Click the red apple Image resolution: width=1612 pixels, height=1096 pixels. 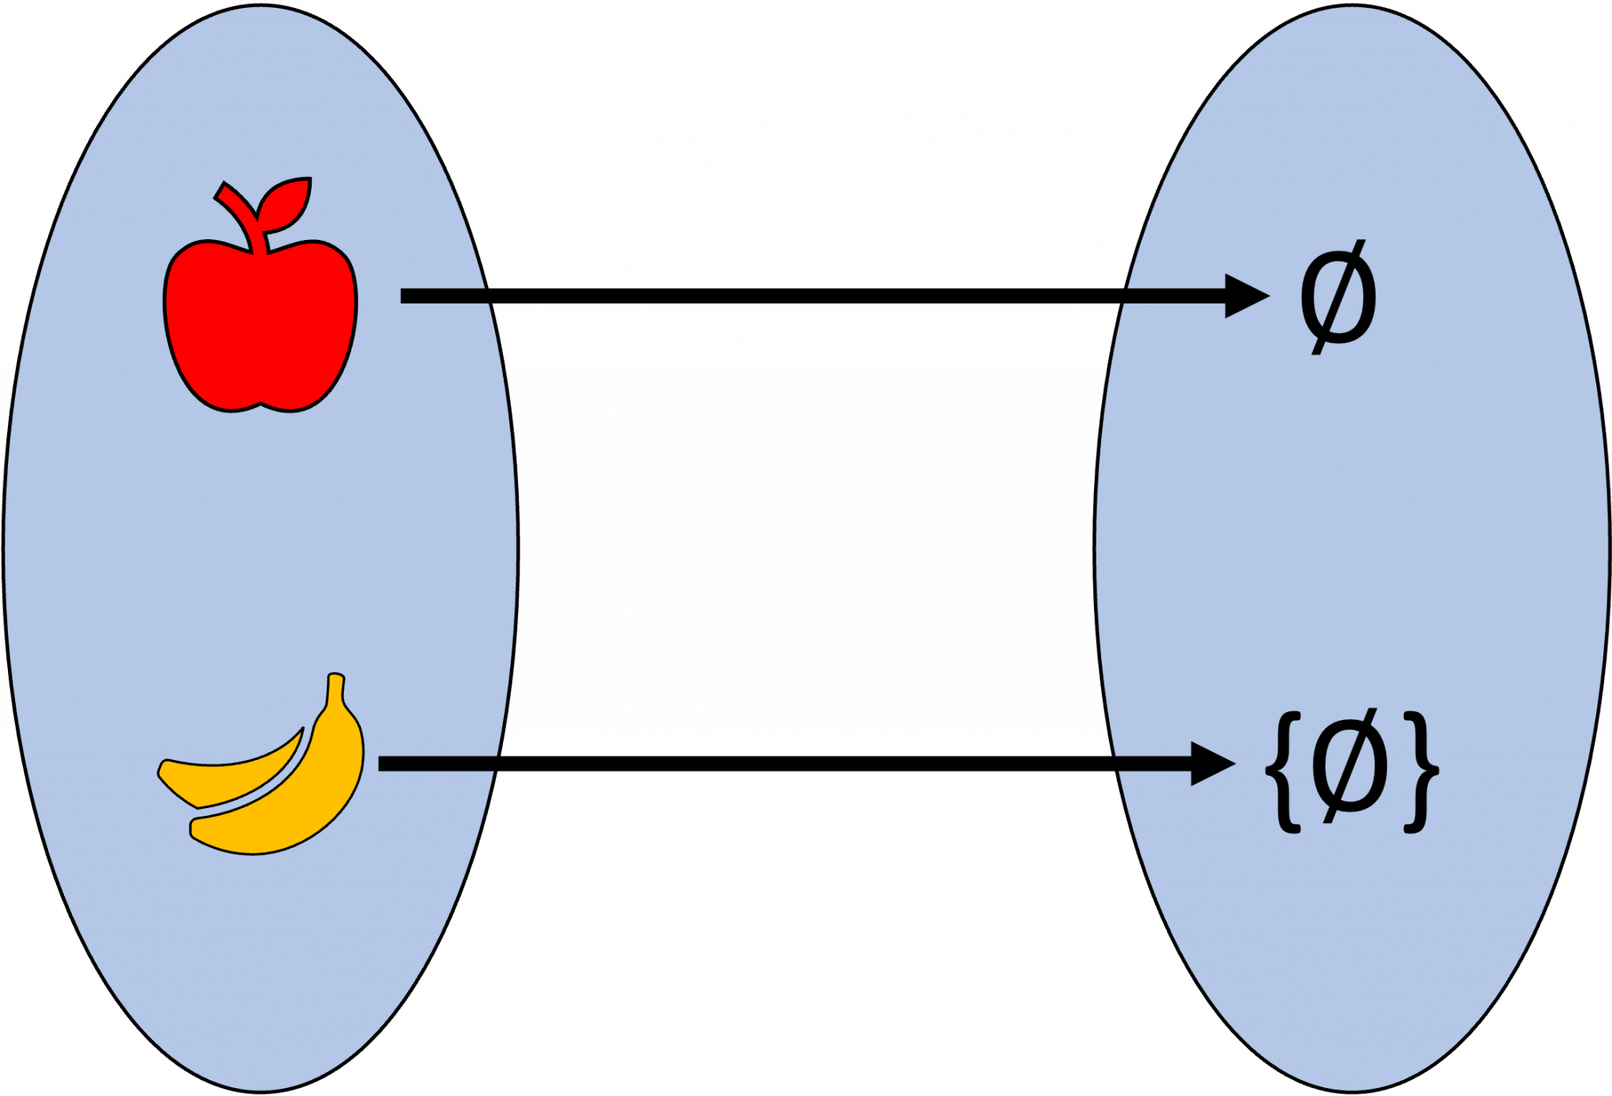[x=260, y=330]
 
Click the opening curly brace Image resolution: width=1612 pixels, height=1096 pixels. [x=1283, y=771]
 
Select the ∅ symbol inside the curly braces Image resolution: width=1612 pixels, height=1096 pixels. [x=1351, y=766]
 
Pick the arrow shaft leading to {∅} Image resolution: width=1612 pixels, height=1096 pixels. [x=1153, y=764]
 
